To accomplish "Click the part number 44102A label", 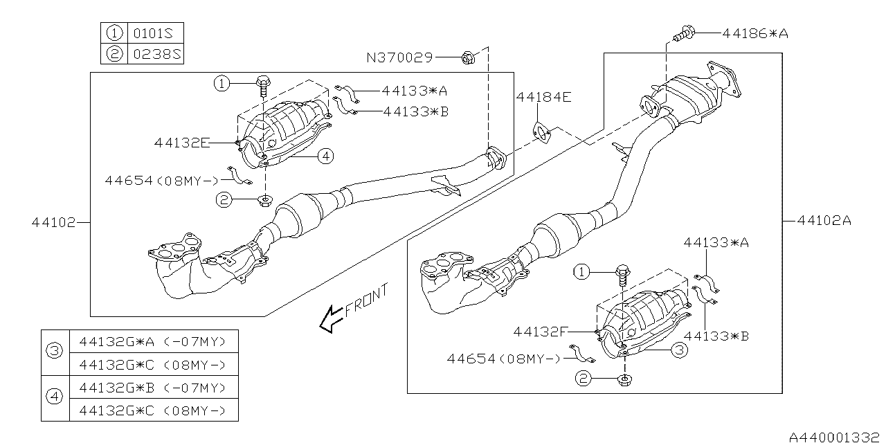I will point(824,221).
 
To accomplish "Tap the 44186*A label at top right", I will point(754,32).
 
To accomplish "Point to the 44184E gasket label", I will point(543,98).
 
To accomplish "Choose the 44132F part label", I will point(541,332).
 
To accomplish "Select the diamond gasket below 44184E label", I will point(541,132).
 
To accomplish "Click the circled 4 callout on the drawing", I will point(325,156).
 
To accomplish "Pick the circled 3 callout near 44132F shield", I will point(680,351).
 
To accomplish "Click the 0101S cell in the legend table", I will point(156,33).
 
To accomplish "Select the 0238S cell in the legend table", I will point(156,53).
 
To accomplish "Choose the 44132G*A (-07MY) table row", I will point(152,341).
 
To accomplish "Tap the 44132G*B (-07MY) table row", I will point(152,387).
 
